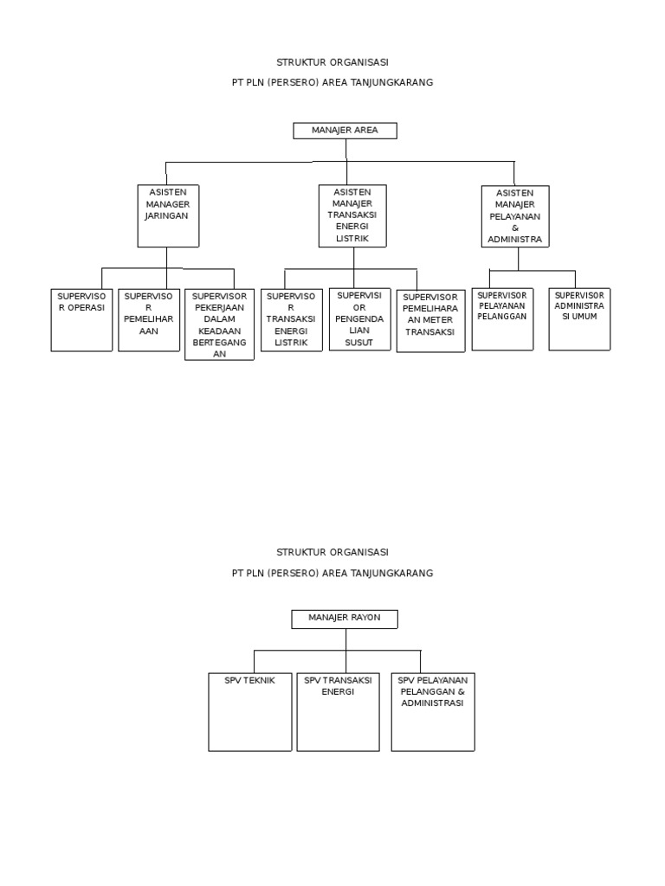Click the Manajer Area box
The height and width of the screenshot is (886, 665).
coord(345,131)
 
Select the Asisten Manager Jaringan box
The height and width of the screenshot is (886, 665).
coord(168,215)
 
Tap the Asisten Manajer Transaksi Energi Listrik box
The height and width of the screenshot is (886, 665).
coord(352,215)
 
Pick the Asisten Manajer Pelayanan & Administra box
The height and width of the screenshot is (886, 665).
coord(515,216)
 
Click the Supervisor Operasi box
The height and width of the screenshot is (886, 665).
coord(81,319)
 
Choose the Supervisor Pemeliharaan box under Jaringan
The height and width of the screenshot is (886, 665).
coord(149,319)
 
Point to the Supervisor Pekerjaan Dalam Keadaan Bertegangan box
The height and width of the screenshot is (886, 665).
coord(219,324)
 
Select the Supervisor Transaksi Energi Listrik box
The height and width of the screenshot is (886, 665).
coord(292,320)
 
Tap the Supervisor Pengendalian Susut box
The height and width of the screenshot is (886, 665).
coord(358,319)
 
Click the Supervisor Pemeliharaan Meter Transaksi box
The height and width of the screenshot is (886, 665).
coord(430,320)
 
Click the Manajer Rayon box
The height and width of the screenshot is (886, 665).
coord(345,618)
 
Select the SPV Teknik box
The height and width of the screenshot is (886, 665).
coord(249,711)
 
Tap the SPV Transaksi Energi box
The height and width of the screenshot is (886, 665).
coord(338,711)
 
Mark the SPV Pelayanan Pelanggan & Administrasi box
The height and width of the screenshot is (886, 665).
coord(433,711)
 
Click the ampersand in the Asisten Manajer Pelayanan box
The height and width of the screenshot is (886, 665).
coord(514,228)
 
